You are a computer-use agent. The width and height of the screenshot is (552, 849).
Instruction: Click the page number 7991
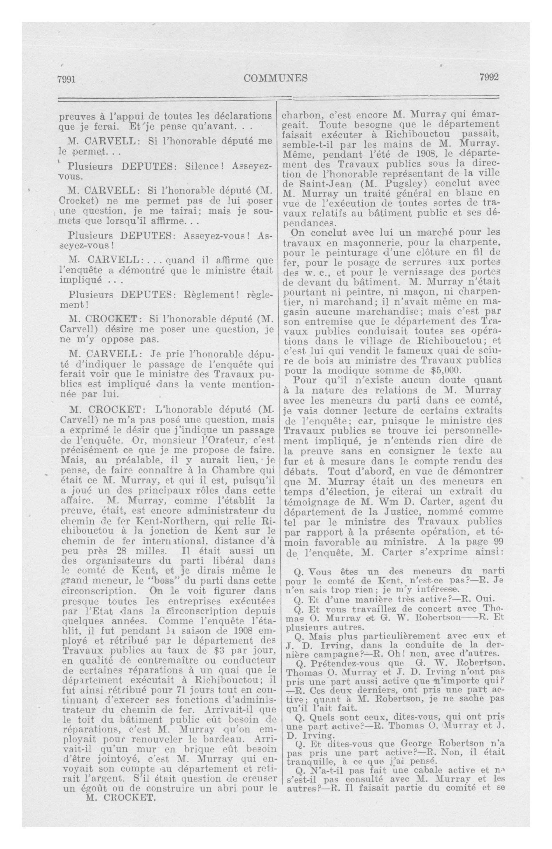pos(67,79)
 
